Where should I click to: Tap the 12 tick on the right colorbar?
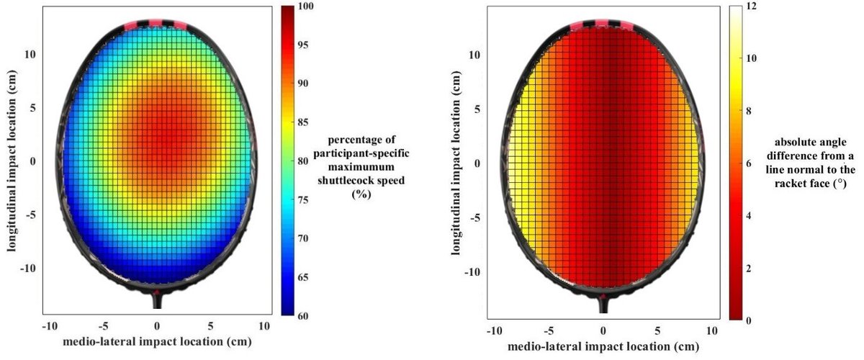tap(752, 6)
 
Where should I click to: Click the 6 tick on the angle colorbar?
tap(752, 163)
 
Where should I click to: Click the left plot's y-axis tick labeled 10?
tap(33, 54)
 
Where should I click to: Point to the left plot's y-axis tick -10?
tap(31, 268)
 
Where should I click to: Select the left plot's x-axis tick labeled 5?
tap(210, 325)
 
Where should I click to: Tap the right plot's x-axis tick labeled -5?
tap(547, 330)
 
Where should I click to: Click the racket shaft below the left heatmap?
tap(157, 302)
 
